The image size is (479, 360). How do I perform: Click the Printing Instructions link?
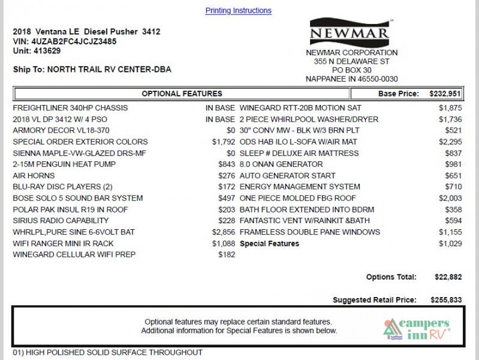pyautogui.click(x=238, y=11)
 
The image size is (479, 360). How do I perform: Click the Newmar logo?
pyautogui.click(x=351, y=33)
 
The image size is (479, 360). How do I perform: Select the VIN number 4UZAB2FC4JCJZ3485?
pyautogui.click(x=74, y=42)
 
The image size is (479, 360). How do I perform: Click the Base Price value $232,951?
pyautogui.click(x=445, y=94)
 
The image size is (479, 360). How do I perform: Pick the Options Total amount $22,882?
pyautogui.click(x=448, y=277)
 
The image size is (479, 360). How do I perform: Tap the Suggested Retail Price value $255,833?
pyautogui.click(x=446, y=299)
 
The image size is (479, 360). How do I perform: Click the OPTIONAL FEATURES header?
pyautogui.click(x=182, y=94)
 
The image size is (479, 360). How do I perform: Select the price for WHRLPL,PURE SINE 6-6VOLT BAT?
pyautogui.click(x=224, y=232)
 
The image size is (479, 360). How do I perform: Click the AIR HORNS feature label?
pyautogui.click(x=34, y=176)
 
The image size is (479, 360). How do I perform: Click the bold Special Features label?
pyautogui.click(x=269, y=244)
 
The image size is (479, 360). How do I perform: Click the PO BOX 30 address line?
pyautogui.click(x=351, y=70)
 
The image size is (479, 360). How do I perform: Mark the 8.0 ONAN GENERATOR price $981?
pyautogui.click(x=454, y=164)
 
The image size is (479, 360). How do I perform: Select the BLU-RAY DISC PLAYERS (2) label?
pyautogui.click(x=62, y=187)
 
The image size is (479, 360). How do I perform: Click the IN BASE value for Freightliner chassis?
pyautogui.click(x=220, y=108)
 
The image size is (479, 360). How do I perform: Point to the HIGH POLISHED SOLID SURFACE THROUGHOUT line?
pyautogui.click(x=108, y=353)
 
